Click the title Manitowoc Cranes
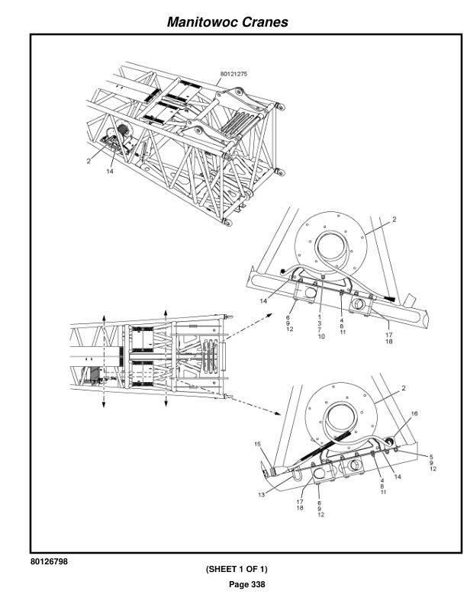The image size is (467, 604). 227,22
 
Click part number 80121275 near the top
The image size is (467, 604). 233,74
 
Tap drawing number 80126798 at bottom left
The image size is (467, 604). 49,561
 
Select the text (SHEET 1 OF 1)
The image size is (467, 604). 237,569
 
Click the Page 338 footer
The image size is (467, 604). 247,584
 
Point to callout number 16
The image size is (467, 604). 414,413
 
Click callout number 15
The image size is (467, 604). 257,444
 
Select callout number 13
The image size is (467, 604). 261,495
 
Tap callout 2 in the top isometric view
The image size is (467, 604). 89,161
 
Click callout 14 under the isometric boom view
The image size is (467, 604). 110,171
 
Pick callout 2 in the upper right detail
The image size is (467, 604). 395,219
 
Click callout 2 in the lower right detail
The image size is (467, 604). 404,388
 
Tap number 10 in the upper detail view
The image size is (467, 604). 321,336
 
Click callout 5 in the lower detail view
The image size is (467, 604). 431,457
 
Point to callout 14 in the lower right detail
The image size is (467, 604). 398,477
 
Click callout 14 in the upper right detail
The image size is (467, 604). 263,300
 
